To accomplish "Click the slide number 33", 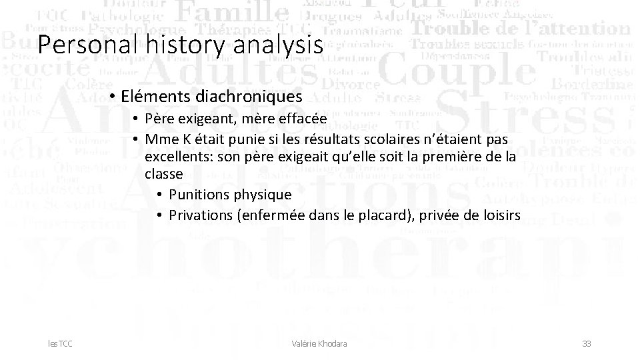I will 587,343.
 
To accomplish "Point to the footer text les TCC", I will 60,343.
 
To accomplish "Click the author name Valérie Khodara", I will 320,343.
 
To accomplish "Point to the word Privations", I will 200,215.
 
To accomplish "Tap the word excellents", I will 176,157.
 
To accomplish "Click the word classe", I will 164,175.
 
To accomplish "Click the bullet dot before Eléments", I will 115,97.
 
